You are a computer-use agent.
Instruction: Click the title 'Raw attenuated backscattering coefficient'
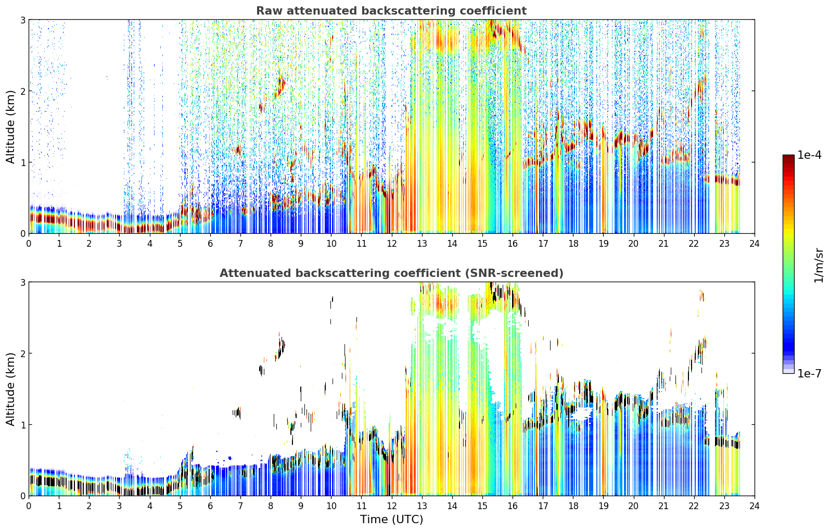391,11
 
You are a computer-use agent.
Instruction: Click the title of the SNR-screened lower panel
391,273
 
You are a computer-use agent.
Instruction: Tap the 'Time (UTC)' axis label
391,520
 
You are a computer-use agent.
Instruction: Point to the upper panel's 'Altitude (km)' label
10,127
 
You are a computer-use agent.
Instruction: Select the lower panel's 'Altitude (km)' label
10,389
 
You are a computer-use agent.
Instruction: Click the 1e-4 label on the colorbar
809,155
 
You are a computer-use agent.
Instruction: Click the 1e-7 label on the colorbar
809,373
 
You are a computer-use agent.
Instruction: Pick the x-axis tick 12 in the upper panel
392,244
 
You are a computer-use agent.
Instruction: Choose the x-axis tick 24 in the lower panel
755,506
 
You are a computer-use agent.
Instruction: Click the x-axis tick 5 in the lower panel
180,506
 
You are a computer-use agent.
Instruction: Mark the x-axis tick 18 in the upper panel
573,244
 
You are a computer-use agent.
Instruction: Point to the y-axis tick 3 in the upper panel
22,20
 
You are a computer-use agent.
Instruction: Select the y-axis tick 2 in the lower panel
22,353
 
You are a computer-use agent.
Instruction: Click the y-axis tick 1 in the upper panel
22,162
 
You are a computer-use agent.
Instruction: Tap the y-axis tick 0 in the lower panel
22,496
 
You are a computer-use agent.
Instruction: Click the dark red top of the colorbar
788,157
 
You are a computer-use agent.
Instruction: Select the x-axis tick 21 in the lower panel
663,506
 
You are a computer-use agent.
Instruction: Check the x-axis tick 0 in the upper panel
29,244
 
